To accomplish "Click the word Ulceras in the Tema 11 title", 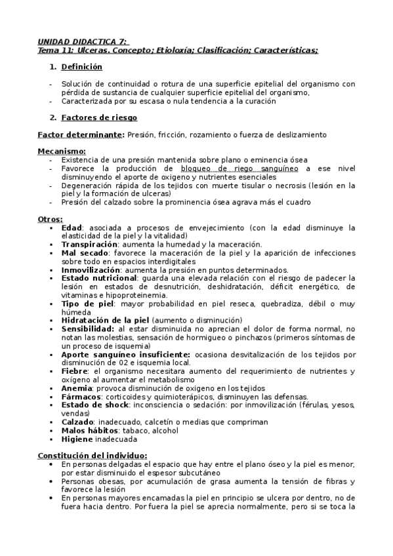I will (x=94, y=50).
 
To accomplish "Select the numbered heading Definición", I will (x=82, y=67).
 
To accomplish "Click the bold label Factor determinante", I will (x=81, y=134).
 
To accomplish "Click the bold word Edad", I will (x=72, y=228).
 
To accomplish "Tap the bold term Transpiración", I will (x=89, y=244).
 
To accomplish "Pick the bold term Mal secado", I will (x=85, y=252).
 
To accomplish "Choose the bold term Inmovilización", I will (x=91, y=269).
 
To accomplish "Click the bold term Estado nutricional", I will (x=100, y=278).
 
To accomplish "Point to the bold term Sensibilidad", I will (x=88, y=328).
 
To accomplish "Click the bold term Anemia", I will (x=76, y=388).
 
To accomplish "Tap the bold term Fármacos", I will (x=81, y=397).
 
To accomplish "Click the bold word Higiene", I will (x=78, y=439).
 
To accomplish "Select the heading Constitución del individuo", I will (x=93, y=456).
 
